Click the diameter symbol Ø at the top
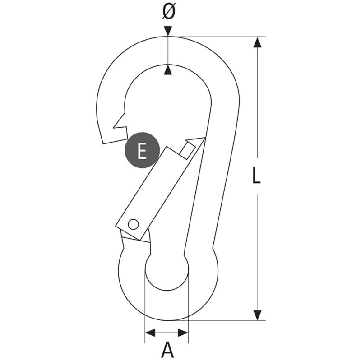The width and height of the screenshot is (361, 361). coord(168,12)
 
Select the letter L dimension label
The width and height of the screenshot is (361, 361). coord(256,175)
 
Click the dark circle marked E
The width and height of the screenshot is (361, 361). coord(142,150)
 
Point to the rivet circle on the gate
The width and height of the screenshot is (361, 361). coord(133,224)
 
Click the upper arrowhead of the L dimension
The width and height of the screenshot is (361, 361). coord(257,42)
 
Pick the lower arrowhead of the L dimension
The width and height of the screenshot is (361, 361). coord(257,315)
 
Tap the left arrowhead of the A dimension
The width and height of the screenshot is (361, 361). coord(150,333)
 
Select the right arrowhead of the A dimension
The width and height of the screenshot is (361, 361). coord(183,333)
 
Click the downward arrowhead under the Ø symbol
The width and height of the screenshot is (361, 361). coord(168,31)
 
